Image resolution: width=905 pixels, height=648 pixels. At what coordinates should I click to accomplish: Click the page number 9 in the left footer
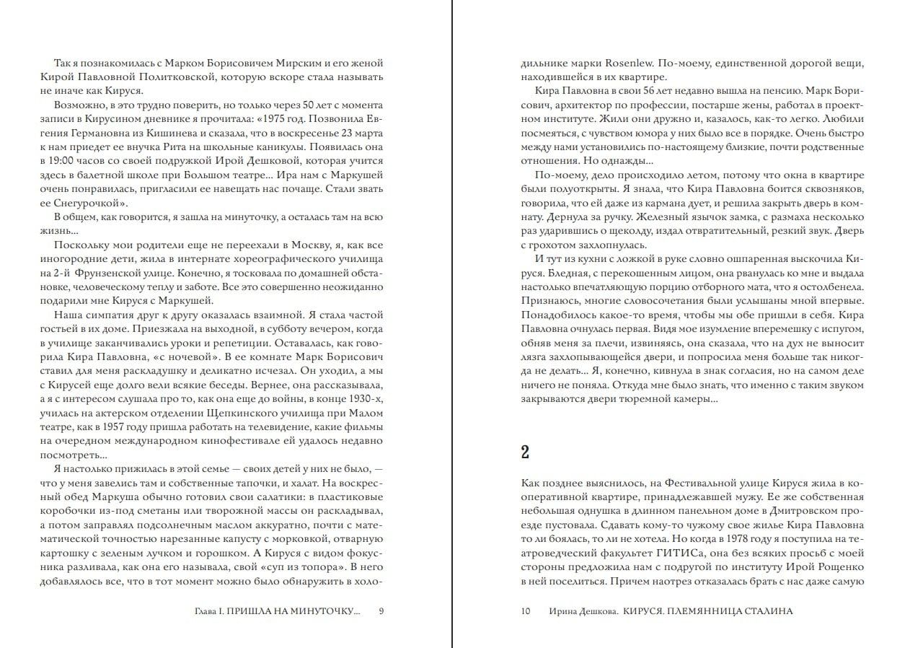click(x=381, y=611)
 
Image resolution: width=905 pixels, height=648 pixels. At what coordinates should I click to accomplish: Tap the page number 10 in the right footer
click(x=525, y=611)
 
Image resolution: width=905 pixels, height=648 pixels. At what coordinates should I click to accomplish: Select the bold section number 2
click(x=526, y=452)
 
